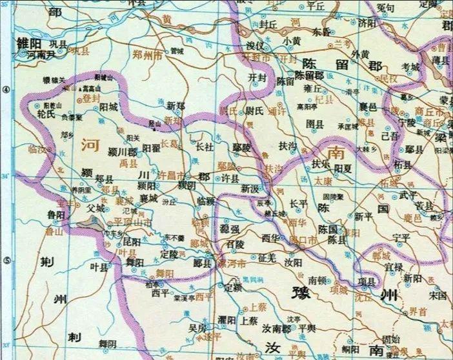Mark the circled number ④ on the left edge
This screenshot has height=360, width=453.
coord(6,91)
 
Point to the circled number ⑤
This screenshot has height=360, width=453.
coord(6,261)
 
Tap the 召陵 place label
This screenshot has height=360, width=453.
coord(234,245)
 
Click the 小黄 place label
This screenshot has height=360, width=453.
coord(291,41)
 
